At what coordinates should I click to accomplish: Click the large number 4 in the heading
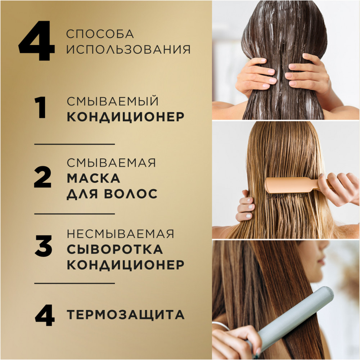tap(37, 41)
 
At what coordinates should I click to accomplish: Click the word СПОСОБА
tap(100, 34)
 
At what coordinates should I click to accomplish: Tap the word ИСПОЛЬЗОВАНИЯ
tap(129, 49)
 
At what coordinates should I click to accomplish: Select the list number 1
tap(40, 108)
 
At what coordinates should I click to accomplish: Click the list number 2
tap(43, 177)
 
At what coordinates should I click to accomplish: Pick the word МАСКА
tap(94, 178)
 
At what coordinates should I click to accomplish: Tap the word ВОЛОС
tap(131, 194)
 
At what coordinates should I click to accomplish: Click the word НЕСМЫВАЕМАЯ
tap(121, 234)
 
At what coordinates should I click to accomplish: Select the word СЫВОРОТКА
tap(115, 249)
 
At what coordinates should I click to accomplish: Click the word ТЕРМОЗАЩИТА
tap(126, 315)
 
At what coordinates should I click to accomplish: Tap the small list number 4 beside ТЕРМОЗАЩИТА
tap(45, 315)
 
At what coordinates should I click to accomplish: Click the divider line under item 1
tap(75, 144)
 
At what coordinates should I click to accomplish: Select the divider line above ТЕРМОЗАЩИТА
tap(75, 283)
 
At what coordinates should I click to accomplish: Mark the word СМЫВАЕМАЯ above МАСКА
tap(111, 163)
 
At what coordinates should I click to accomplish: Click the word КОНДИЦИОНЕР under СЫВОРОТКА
tap(125, 265)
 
